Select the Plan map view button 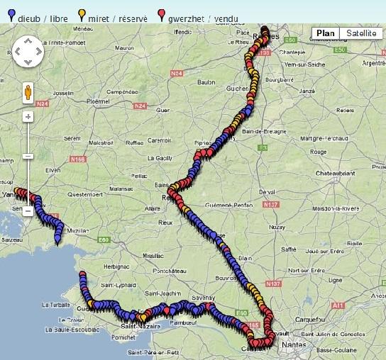326,33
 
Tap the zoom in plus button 28,116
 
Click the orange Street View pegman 28,92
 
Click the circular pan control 28,52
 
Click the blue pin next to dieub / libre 7,13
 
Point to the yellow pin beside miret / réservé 83,13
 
